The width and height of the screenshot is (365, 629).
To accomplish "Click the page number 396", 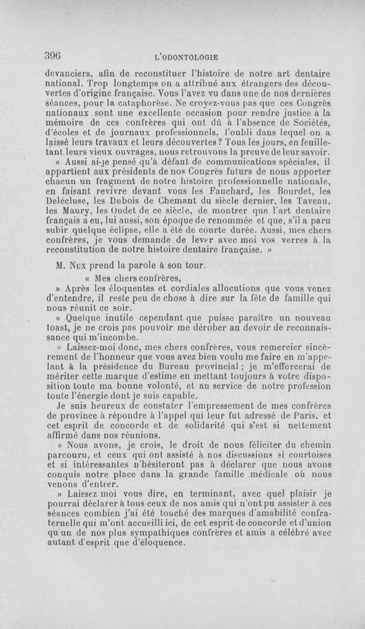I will pos(53,55).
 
